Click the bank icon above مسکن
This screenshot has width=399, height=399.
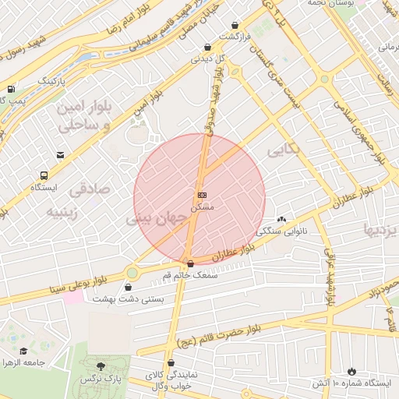coord(202,195)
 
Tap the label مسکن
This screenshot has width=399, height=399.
coord(202,207)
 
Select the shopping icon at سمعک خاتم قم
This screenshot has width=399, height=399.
coord(191,263)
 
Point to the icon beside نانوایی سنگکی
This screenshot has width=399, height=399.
coord(281,219)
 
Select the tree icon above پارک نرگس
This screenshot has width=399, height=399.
coord(101,365)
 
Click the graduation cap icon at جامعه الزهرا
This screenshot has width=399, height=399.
coord(23,351)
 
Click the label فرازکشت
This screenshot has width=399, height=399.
coord(235,37)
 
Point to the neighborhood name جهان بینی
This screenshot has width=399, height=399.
coord(158,221)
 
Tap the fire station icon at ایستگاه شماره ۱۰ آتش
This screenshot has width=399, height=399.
coord(351,371)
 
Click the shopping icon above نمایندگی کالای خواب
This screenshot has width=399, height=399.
coord(171,364)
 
